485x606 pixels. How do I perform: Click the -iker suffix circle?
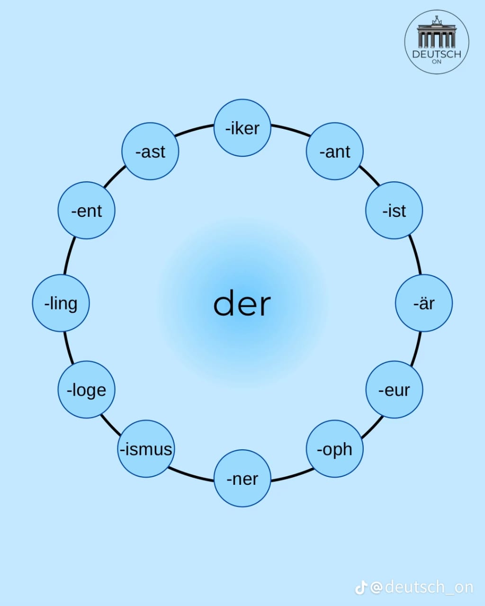[x=242, y=127]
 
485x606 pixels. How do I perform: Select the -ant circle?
[x=335, y=151]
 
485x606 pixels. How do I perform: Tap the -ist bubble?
[x=394, y=210]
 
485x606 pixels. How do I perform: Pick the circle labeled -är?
[x=424, y=303]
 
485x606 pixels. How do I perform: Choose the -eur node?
[x=394, y=390]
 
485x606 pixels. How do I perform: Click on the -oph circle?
[x=335, y=449]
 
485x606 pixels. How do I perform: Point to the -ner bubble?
[x=242, y=479]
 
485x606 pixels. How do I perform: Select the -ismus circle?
[x=146, y=449]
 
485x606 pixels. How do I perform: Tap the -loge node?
[x=87, y=390]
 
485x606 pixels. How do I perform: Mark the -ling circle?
[x=61, y=303]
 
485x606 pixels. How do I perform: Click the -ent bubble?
[x=87, y=210]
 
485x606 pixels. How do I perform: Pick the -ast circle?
[x=150, y=151]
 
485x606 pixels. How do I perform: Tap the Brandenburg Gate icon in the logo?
[x=437, y=33]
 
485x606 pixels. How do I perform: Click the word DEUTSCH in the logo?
[x=437, y=54]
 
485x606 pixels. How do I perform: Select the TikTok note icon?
[x=361, y=588]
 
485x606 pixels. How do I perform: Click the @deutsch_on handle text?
[x=422, y=588]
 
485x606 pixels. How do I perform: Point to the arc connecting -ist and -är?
[x=416, y=255]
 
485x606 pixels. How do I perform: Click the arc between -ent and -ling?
[x=69, y=255]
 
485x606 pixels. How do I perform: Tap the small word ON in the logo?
[x=437, y=62]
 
